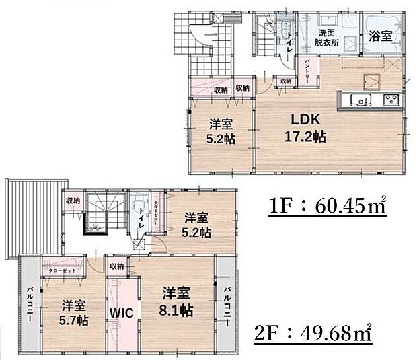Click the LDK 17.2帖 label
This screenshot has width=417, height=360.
pos(299,128)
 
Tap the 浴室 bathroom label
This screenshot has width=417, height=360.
pos(380,38)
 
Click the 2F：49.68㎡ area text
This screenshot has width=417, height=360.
pos(314,332)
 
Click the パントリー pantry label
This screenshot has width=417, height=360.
pos(307,70)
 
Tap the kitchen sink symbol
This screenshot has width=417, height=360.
pos(359,100)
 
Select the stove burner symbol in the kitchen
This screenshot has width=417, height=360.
pos(391,100)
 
